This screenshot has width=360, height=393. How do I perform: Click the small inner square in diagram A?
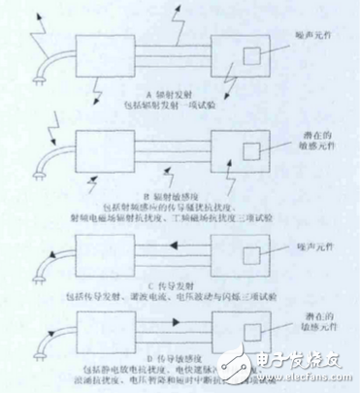(251, 55)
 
